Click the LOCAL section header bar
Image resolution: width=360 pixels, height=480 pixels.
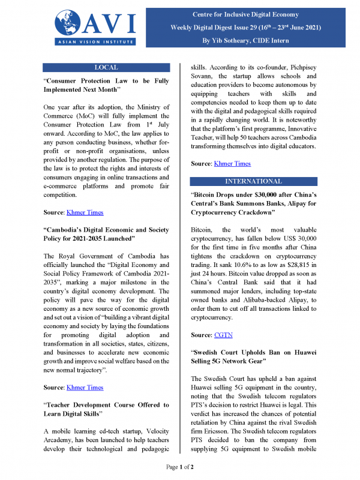pyautogui.click(x=107, y=67)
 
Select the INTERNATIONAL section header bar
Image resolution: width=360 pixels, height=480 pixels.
pyautogui.click(x=253, y=181)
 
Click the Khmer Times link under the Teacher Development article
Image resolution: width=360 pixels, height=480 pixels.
pyautogui.click(x=84, y=387)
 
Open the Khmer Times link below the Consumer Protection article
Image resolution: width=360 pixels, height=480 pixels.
pyautogui.click(x=84, y=212)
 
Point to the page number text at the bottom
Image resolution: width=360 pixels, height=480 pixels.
pyautogui.click(x=180, y=466)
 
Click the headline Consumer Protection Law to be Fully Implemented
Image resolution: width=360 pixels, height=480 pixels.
pyautogui.click(x=107, y=85)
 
